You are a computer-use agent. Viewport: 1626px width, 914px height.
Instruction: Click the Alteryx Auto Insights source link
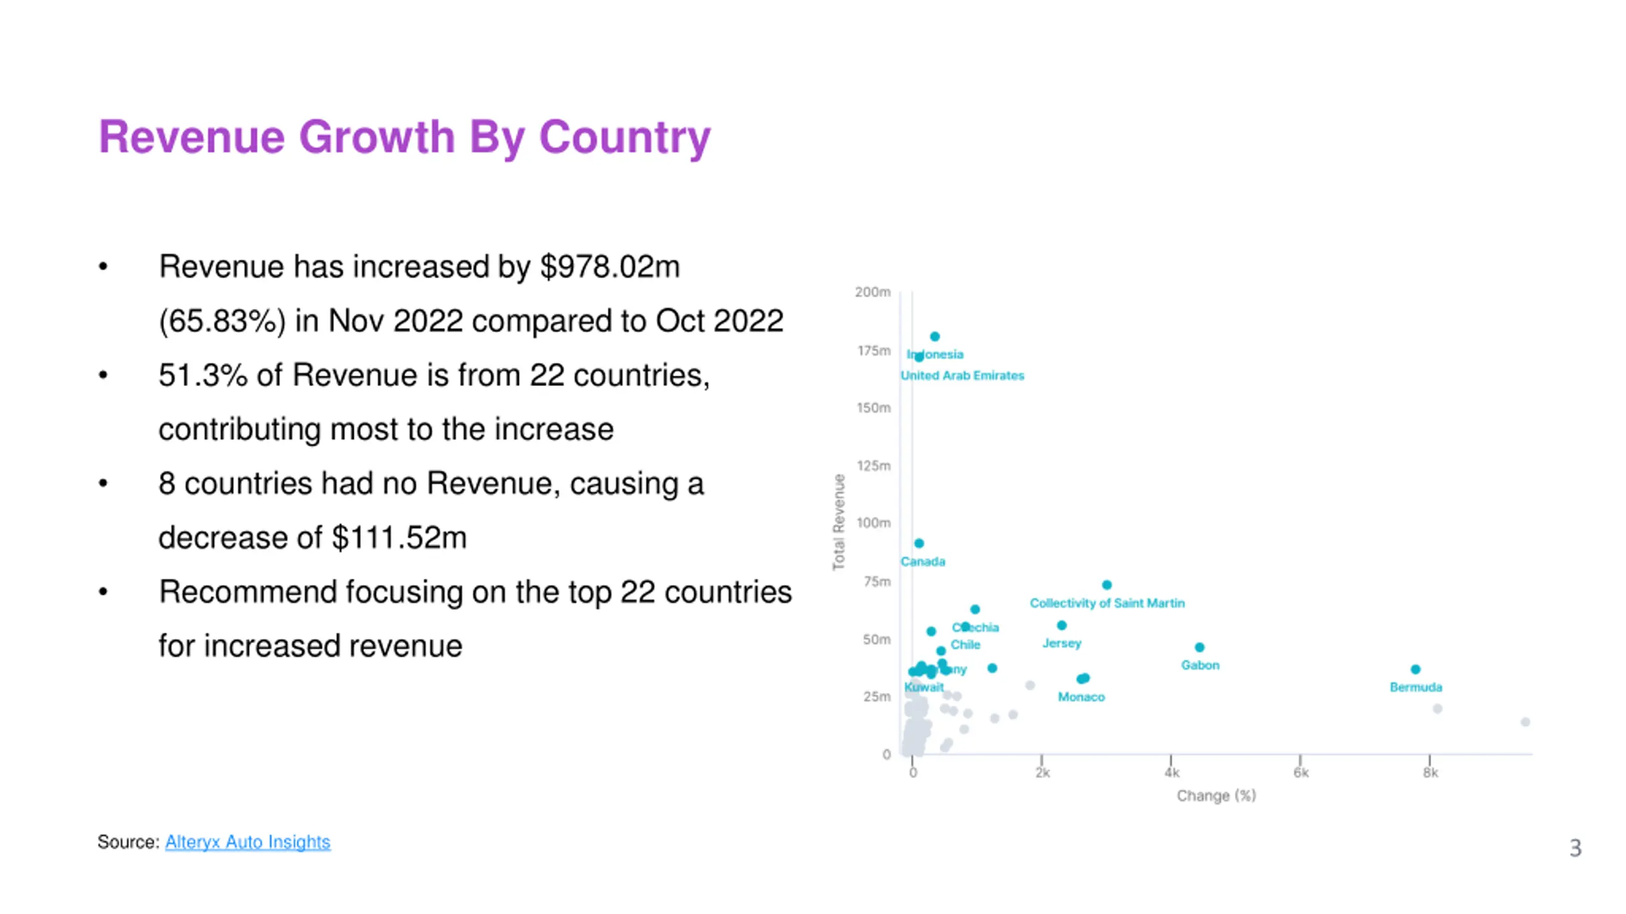coord(247,842)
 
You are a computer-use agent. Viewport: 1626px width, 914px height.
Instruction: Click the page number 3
coord(1575,848)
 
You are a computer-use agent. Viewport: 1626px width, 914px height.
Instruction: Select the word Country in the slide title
coord(624,137)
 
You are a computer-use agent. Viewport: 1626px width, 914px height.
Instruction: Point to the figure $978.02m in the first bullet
coord(610,267)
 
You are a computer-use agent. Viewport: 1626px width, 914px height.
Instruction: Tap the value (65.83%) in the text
coord(222,321)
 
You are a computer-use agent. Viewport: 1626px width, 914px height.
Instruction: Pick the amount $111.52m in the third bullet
coord(399,538)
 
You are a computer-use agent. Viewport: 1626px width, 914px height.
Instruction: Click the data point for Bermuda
coord(1415,669)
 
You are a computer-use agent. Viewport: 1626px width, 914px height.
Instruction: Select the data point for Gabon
coord(1199,647)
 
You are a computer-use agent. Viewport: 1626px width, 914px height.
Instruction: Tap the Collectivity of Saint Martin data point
coord(1106,585)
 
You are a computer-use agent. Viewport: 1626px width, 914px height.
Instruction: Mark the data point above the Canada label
coord(919,543)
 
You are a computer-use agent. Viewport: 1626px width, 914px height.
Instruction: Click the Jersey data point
coord(1061,625)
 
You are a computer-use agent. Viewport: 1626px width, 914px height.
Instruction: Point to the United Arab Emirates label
coord(962,376)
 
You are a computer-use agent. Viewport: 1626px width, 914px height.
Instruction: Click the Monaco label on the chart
coord(1081,697)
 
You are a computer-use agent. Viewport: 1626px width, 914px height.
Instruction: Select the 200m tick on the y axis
coord(873,292)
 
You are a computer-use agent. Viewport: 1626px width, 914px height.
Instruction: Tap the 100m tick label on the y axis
coord(873,523)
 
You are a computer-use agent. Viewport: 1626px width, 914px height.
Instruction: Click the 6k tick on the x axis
coord(1300,772)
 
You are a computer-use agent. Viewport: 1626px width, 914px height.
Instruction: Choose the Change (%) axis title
coord(1216,796)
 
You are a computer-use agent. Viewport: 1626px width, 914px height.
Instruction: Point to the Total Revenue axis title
coord(839,522)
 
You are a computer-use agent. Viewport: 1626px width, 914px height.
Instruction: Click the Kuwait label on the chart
coord(924,687)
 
